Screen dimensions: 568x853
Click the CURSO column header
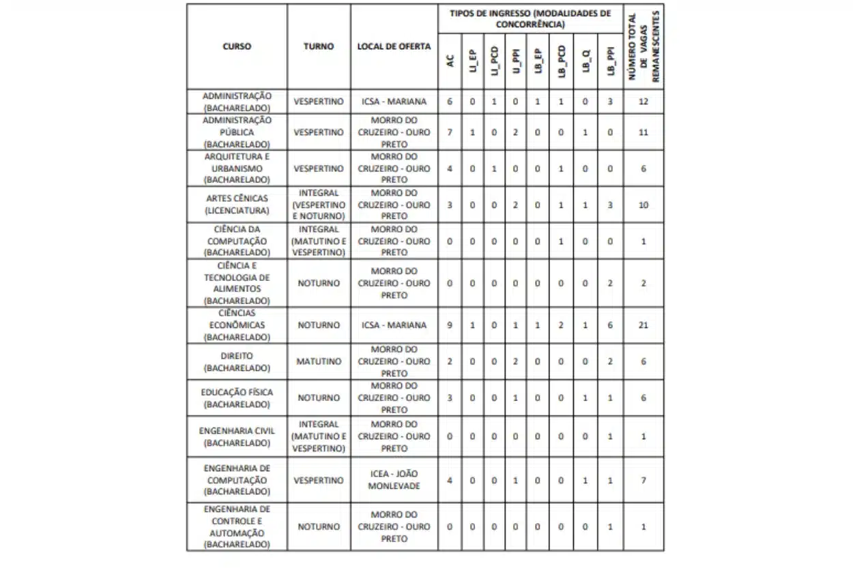point(237,46)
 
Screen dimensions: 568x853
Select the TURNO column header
point(319,46)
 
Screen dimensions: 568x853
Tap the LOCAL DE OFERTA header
point(394,46)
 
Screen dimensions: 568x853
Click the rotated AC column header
point(450,60)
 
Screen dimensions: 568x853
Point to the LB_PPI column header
point(610,60)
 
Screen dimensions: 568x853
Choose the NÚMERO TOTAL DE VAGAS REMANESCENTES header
point(644,46)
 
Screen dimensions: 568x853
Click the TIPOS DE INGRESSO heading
point(530,18)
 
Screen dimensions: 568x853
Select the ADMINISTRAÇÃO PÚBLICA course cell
point(237,132)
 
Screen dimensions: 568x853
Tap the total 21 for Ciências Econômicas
point(644,325)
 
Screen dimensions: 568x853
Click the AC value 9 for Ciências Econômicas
point(450,325)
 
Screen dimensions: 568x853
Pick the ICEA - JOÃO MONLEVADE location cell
point(394,480)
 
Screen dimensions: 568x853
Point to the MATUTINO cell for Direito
point(319,361)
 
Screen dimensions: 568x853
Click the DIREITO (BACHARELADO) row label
point(237,361)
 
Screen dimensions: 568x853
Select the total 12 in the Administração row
point(644,102)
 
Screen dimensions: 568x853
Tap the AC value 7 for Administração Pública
point(450,132)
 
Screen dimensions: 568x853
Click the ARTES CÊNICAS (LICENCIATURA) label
point(237,205)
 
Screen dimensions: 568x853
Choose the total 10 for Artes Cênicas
point(644,205)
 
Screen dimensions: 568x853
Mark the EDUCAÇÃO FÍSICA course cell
point(237,398)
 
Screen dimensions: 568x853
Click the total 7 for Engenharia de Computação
point(644,480)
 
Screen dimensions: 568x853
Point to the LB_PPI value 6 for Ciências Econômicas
point(610,325)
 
